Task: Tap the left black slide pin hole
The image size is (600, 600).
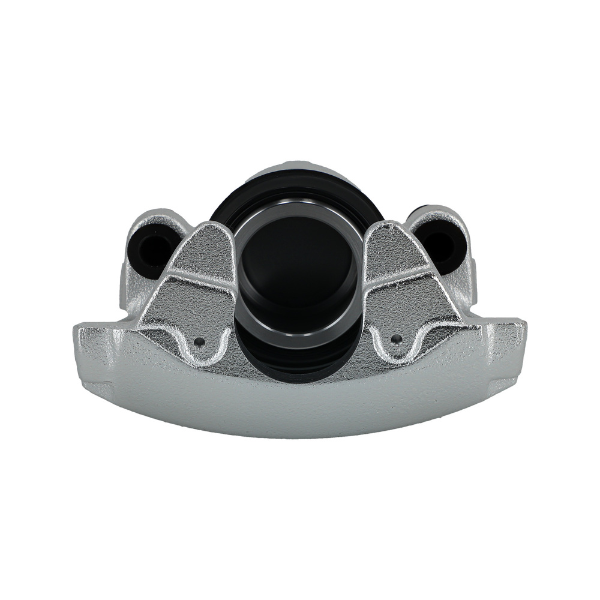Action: pyautogui.click(x=152, y=246)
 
